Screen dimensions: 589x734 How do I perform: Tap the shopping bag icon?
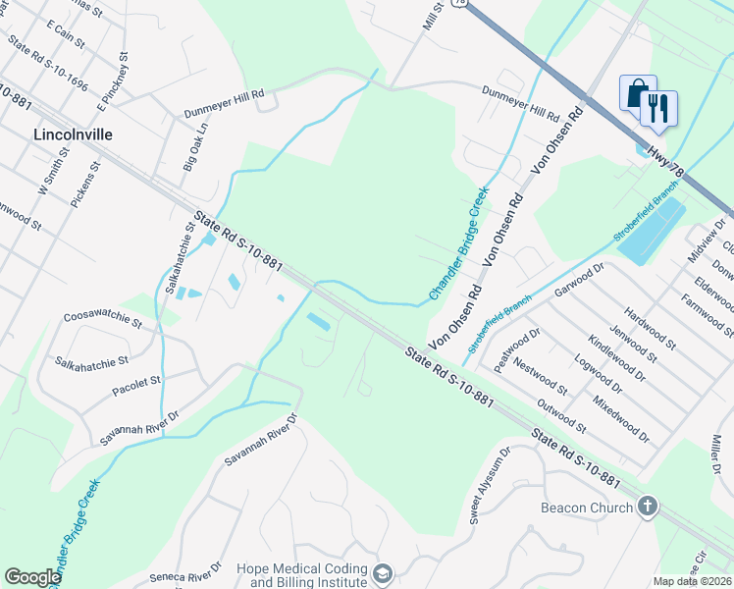[637, 93]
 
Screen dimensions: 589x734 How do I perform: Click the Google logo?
[32, 577]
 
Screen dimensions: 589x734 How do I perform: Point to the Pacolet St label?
[136, 379]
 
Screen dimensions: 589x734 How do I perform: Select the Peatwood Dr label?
[517, 349]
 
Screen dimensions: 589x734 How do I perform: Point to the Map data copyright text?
[691, 581]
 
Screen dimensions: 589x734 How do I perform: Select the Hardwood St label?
[651, 328]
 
